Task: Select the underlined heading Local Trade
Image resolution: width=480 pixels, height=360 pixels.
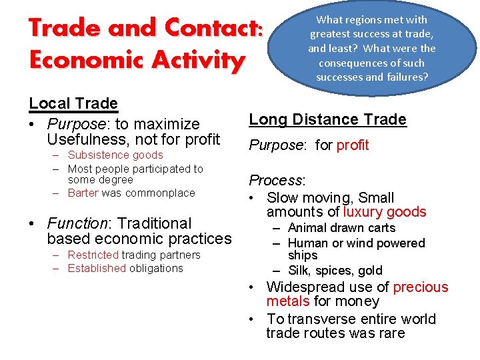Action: click(73, 103)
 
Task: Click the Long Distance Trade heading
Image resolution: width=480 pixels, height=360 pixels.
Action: click(327, 119)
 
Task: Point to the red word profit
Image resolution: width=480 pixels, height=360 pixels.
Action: click(353, 145)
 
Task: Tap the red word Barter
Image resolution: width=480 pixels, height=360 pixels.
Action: click(83, 193)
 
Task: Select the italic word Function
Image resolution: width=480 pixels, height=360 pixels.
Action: click(77, 223)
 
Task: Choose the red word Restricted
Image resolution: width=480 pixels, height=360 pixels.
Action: click(92, 255)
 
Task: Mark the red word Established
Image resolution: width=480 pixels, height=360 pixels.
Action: click(97, 268)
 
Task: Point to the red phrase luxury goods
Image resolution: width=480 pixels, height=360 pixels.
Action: click(385, 212)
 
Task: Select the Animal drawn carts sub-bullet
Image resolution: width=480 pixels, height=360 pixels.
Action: click(341, 228)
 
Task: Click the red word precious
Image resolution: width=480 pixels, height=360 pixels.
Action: click(421, 287)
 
